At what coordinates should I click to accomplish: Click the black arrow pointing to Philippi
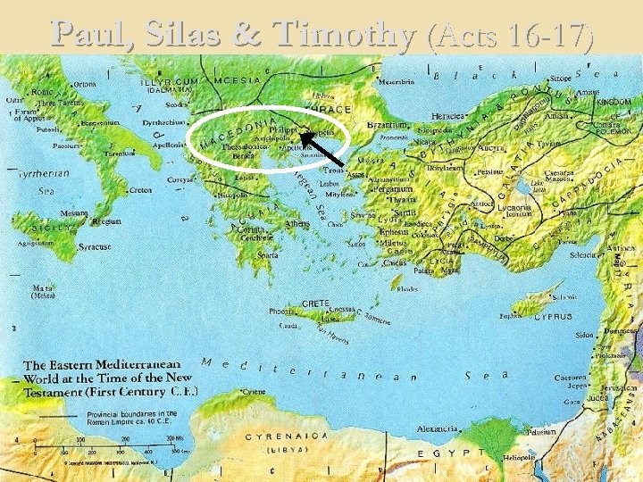coord(320,148)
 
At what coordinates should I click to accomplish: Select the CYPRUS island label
coord(555,316)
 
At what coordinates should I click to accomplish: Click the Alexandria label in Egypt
coord(439,429)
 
